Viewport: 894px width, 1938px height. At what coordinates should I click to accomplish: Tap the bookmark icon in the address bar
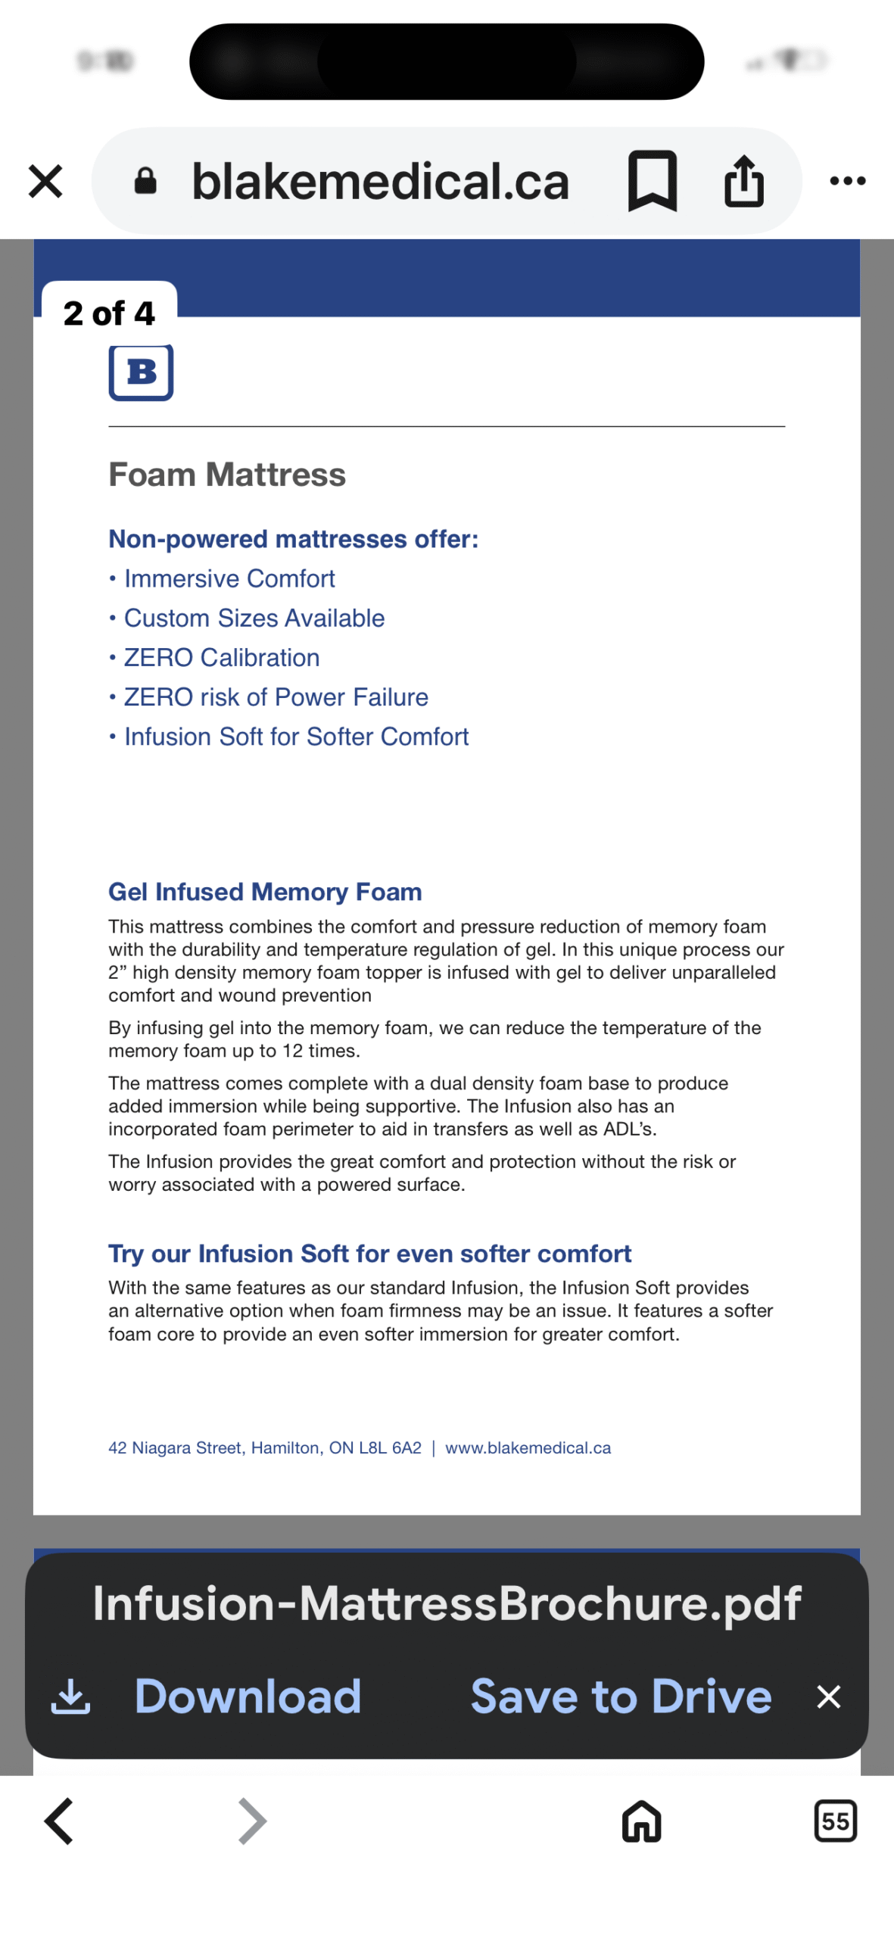pos(652,181)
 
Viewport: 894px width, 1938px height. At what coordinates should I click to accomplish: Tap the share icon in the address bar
pos(743,181)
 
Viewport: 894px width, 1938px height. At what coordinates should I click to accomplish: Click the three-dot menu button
pos(847,181)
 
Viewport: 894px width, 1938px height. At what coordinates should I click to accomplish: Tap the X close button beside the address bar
pos(45,182)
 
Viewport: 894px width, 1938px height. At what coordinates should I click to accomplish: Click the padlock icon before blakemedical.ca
pos(145,182)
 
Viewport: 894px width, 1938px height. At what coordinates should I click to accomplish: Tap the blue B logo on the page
pos(141,372)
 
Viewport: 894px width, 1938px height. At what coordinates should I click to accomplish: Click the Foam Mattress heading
pos(227,475)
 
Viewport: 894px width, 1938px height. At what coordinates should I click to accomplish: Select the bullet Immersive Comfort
pos(229,579)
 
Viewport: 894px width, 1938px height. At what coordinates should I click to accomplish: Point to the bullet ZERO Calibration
pos(221,658)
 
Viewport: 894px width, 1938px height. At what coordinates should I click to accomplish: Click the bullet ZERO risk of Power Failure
pos(276,697)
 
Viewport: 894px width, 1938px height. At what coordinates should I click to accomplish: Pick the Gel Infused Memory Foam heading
pos(265,892)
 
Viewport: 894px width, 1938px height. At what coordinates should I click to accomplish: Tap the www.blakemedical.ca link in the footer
pos(528,1448)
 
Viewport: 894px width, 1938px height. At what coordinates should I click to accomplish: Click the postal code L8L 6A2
pos(390,1448)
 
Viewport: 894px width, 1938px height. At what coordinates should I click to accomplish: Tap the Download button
pos(247,1696)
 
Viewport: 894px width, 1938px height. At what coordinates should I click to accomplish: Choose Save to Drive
pos(621,1696)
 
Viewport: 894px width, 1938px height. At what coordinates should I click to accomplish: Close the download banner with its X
pos(829,1697)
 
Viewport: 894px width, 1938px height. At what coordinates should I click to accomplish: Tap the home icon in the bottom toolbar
pos(641,1821)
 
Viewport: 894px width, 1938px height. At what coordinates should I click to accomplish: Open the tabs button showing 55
pos(835,1821)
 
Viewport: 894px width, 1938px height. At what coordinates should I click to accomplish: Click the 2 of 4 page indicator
pos(109,313)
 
